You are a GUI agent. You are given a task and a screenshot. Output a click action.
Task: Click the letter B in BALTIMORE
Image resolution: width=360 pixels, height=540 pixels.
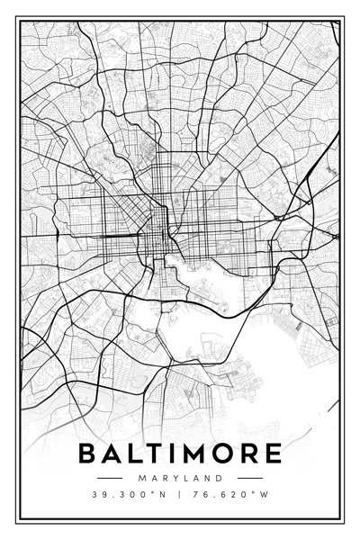click(89, 453)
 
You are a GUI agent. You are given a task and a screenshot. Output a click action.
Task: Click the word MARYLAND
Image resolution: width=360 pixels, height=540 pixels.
click(180, 477)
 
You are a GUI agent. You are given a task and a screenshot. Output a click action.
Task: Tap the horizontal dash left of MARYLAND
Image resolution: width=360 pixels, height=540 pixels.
click(109, 477)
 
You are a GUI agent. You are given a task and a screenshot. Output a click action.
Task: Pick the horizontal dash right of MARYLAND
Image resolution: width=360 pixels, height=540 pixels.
click(250, 477)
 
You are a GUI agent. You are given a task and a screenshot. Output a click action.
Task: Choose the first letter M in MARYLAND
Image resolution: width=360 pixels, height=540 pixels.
click(142, 477)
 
